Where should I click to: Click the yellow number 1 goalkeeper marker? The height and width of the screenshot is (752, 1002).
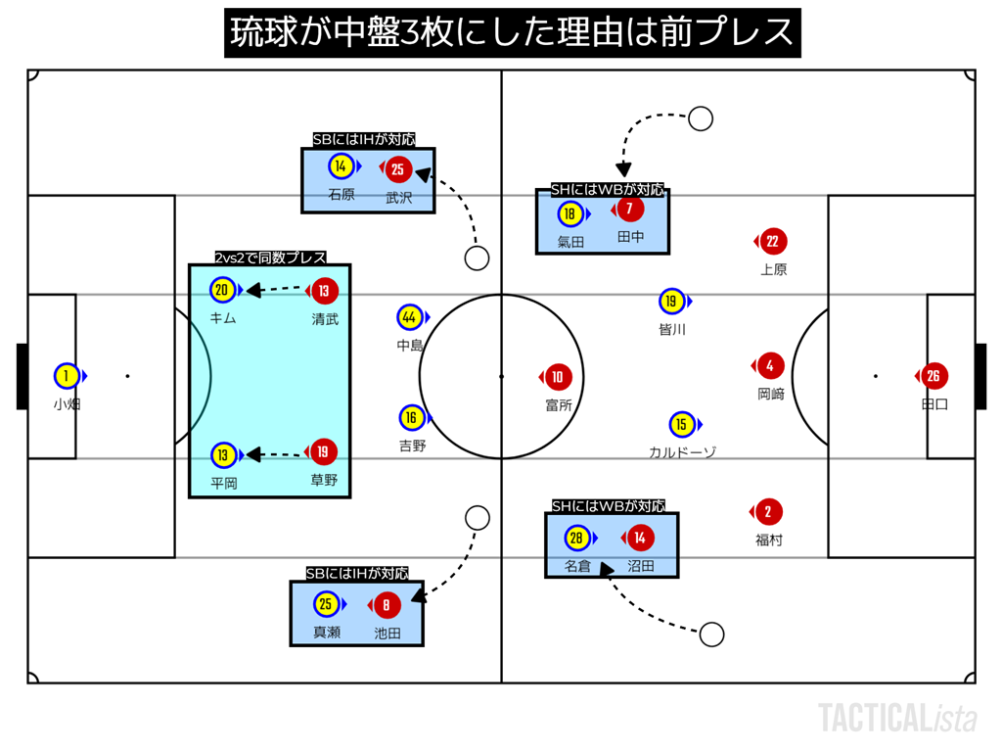coord(67,376)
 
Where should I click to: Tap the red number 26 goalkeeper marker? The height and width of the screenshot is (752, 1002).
coord(934,376)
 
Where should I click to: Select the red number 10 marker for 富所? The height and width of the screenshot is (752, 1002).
coord(557,377)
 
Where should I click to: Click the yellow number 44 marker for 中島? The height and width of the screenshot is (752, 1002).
coord(409,317)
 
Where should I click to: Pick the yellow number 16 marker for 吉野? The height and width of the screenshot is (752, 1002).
coord(412,418)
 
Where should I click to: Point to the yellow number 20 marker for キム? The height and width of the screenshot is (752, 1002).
coord(222,290)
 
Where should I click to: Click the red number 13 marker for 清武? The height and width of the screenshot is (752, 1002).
coord(325,290)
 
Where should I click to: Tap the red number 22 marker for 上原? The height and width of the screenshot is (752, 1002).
coord(773,242)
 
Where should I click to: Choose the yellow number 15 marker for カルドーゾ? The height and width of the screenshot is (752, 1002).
coord(681,424)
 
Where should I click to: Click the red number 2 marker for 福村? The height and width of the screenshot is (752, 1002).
coord(769,512)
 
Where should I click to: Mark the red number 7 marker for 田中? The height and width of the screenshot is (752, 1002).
coord(630,209)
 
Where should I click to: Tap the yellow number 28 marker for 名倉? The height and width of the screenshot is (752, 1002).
coord(576,538)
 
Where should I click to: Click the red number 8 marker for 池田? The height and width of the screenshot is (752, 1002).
coord(387,605)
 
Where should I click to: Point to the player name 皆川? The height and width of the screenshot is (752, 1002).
coord(672,330)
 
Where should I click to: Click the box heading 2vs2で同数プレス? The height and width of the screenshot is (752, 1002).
coord(270,258)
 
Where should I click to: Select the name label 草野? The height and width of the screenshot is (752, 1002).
coord(324,481)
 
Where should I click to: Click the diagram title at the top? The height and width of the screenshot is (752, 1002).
coord(513,33)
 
